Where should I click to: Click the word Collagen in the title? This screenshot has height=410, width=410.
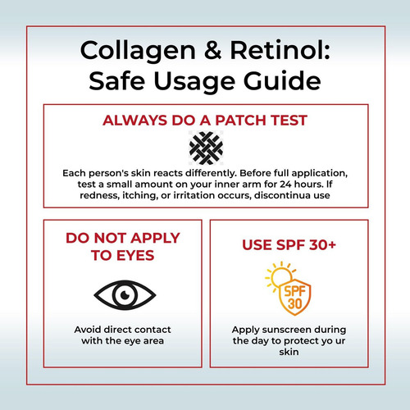pos(138,52)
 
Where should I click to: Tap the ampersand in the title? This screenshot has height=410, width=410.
pos(213,50)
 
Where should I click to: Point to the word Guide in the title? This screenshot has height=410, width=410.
pos(282,81)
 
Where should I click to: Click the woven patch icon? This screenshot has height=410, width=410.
pos(206,148)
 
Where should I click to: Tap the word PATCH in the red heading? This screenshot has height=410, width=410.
pos(241,121)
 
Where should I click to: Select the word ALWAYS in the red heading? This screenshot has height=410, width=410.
pos(134,121)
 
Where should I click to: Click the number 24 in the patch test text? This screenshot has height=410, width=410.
pos(285,184)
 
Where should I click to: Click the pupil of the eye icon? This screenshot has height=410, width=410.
pos(125,295)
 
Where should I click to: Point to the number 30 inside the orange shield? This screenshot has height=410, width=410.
pos(294,303)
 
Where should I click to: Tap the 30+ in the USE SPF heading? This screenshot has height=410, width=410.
pos(322,244)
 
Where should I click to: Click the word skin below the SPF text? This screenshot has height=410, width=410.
pos(289,352)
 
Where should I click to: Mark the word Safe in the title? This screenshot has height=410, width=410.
pos(117,81)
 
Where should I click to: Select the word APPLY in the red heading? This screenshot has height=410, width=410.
pos(155,238)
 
